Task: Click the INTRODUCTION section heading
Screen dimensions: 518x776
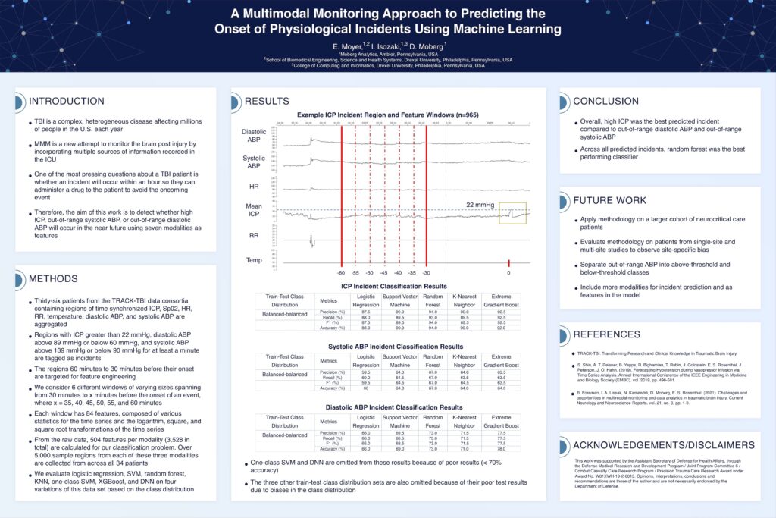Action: (67, 101)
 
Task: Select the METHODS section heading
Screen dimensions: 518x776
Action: (53, 278)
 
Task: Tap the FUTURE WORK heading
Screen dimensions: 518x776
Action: (609, 201)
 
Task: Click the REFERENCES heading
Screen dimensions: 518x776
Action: (607, 334)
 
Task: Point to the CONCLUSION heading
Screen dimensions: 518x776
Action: (605, 101)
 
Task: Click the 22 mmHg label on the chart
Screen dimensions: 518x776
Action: (480, 203)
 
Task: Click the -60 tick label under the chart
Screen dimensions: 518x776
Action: (341, 272)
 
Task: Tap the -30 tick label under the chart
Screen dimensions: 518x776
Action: (426, 272)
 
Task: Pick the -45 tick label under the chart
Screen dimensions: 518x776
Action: (383, 272)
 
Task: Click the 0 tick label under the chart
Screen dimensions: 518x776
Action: (508, 272)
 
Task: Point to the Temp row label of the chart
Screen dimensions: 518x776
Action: (254, 260)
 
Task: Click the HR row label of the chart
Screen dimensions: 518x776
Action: (254, 186)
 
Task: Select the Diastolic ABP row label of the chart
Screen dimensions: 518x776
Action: (254, 135)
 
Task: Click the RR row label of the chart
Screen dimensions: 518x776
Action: (254, 235)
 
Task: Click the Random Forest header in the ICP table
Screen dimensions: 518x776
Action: (433, 299)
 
